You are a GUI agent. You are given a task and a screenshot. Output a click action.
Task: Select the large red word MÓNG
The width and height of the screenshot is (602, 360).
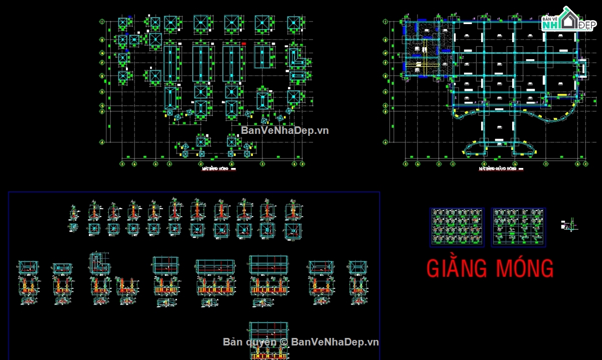pos(524,269)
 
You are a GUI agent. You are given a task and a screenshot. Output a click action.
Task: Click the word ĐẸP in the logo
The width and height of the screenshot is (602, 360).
pos(586,25)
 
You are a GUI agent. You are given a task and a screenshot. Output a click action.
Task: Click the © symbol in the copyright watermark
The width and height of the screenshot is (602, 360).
pos(283,342)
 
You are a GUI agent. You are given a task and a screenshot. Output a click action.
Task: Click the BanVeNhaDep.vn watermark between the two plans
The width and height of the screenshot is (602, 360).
pos(285,130)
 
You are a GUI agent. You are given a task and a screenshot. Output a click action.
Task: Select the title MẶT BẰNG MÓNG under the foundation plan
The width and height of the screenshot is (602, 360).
pos(215,169)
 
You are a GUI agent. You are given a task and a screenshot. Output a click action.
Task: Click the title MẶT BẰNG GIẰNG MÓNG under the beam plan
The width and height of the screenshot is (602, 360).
pos(498,169)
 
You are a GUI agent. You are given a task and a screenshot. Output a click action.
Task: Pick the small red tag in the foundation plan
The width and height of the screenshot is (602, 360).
pos(244,44)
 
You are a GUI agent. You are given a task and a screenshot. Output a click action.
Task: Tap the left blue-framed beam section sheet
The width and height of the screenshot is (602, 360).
pos(457,227)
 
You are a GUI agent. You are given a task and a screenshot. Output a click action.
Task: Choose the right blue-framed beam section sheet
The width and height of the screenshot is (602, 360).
pos(518,227)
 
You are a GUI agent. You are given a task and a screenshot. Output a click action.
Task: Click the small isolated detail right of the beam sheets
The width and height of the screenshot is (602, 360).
pos(569,225)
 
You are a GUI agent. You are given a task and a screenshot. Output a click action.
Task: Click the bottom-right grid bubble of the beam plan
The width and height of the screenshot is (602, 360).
pos(585,163)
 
